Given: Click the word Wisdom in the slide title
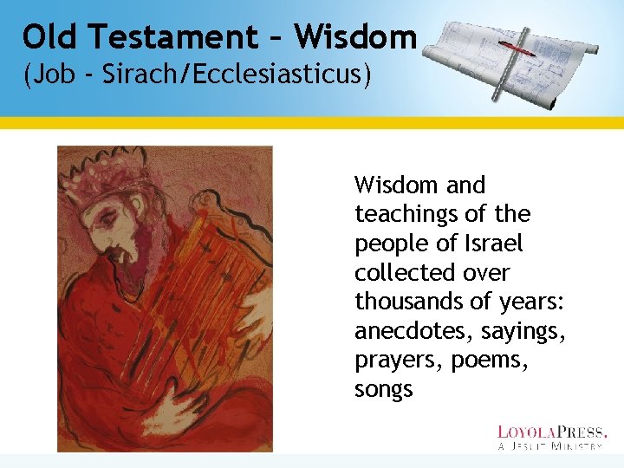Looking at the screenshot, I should (355, 37).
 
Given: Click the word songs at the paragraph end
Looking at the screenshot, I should (384, 389).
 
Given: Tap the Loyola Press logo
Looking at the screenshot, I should (551, 437).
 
